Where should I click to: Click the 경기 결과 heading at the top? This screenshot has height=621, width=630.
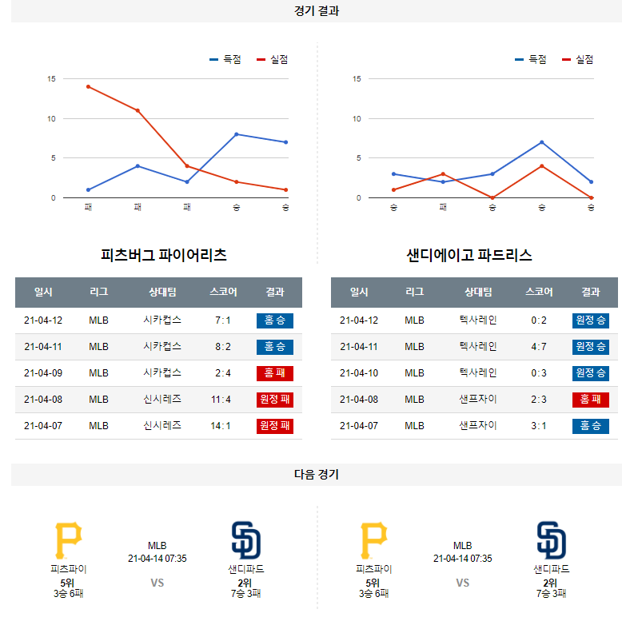(316, 11)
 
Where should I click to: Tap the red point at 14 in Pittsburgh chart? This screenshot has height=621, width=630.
(88, 86)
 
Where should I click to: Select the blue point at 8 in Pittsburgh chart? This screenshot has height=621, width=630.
(237, 134)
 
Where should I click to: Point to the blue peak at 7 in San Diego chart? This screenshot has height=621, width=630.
(542, 142)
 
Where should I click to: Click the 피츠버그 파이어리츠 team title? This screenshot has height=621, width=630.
(164, 256)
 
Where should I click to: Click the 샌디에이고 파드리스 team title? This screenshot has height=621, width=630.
(469, 256)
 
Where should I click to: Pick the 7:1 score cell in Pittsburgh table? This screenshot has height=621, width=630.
(223, 320)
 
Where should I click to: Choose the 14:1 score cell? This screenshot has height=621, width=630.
(221, 426)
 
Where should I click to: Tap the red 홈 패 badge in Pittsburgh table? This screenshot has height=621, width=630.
(275, 373)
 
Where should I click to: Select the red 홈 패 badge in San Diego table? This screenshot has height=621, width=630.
(591, 400)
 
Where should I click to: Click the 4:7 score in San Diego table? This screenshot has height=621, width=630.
(539, 347)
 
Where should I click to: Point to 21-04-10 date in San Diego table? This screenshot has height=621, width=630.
(359, 373)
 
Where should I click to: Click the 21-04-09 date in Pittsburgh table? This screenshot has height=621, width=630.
(43, 373)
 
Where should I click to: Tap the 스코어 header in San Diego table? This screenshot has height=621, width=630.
(539, 293)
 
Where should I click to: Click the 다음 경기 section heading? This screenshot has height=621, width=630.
(316, 475)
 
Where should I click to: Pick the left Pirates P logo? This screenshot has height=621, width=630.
(68, 540)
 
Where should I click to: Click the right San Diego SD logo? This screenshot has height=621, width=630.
(552, 540)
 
